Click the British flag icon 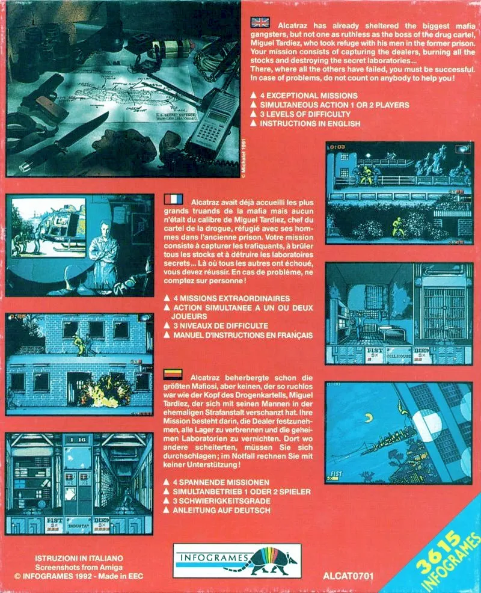[260, 23]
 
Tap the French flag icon [174, 199]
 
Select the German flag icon [173, 375]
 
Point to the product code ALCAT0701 [348, 576]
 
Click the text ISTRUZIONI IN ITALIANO [79, 558]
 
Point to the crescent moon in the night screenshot [367, 417]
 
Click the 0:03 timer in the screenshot [338, 147]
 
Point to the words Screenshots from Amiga [79, 567]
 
